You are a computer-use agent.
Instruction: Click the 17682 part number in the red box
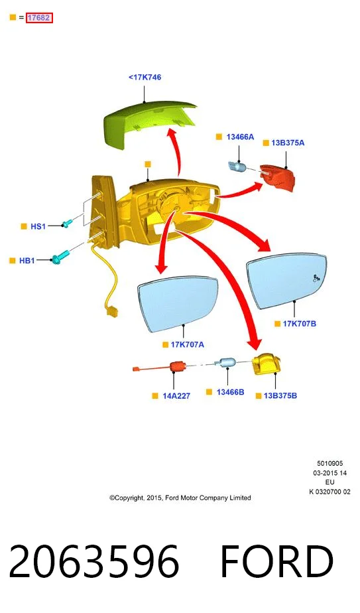[x=39, y=18]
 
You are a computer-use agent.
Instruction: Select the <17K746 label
[x=145, y=77]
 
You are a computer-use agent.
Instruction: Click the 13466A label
[x=240, y=137]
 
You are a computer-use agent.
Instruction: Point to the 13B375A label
[x=288, y=143]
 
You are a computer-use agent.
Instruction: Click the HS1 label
[x=38, y=226]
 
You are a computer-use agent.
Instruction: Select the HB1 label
[x=27, y=260]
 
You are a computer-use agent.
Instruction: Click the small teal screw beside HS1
[x=67, y=223]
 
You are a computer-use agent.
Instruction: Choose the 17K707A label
[x=187, y=344]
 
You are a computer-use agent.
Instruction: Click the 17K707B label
[x=300, y=323]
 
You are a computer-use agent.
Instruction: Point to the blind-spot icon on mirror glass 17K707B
[x=316, y=278]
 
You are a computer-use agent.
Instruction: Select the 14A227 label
[x=176, y=395]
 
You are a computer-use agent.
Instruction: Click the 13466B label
[x=230, y=391]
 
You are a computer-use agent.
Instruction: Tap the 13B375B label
[x=280, y=395]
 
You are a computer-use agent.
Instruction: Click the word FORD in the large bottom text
[x=276, y=561]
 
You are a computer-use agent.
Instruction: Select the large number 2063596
[x=93, y=561]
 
